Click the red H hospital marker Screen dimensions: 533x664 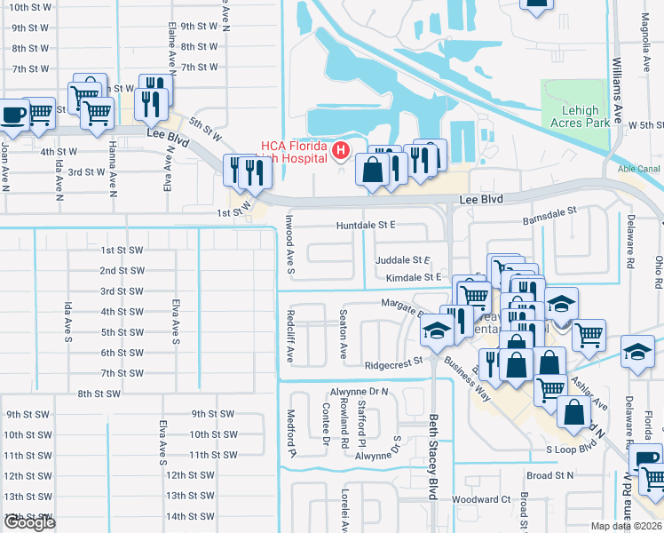pyautogui.click(x=340, y=153)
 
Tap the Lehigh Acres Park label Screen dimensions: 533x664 pyautogui.click(x=581, y=116)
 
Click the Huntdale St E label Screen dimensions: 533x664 pyautogui.click(x=365, y=226)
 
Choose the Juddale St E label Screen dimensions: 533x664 pyautogui.click(x=402, y=260)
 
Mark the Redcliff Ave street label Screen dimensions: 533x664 pyautogui.click(x=289, y=336)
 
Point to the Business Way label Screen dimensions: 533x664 pyautogui.click(x=467, y=379)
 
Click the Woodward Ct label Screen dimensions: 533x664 pyautogui.click(x=481, y=500)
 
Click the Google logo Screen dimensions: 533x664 pyautogui.click(x=30, y=522)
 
